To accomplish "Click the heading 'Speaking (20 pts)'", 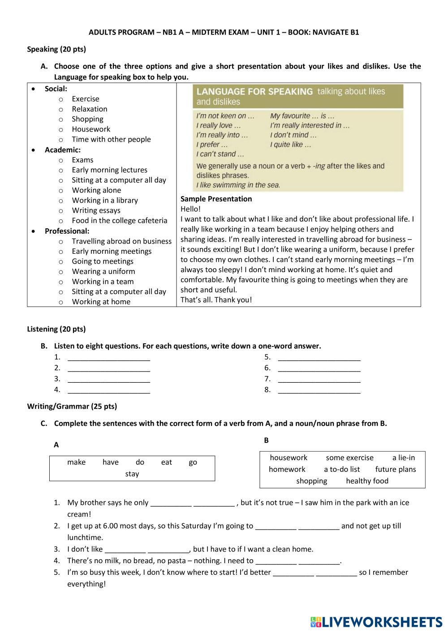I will (56, 49).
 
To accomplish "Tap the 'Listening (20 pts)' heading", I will (56, 329).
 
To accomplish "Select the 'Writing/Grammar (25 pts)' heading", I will (72, 406).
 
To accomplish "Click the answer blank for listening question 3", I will (109, 380).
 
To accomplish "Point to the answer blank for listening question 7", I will (319, 380).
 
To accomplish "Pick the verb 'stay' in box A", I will (132, 474).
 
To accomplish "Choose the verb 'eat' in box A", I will (166, 462).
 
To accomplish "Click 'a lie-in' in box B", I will (404, 458).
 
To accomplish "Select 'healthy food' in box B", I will (367, 481).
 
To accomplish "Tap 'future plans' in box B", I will (396, 469).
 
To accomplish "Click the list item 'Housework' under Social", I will (91, 129).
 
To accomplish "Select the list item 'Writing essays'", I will (96, 210).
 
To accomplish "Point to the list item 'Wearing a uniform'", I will (103, 271).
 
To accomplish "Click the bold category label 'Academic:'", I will (63, 150).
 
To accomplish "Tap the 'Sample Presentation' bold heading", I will (216, 199).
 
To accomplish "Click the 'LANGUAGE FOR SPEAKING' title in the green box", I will (254, 92).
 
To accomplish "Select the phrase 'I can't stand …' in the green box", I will (220, 154).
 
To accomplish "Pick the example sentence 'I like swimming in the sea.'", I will (238, 185).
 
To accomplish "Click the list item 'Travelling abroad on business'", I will (121, 241).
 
